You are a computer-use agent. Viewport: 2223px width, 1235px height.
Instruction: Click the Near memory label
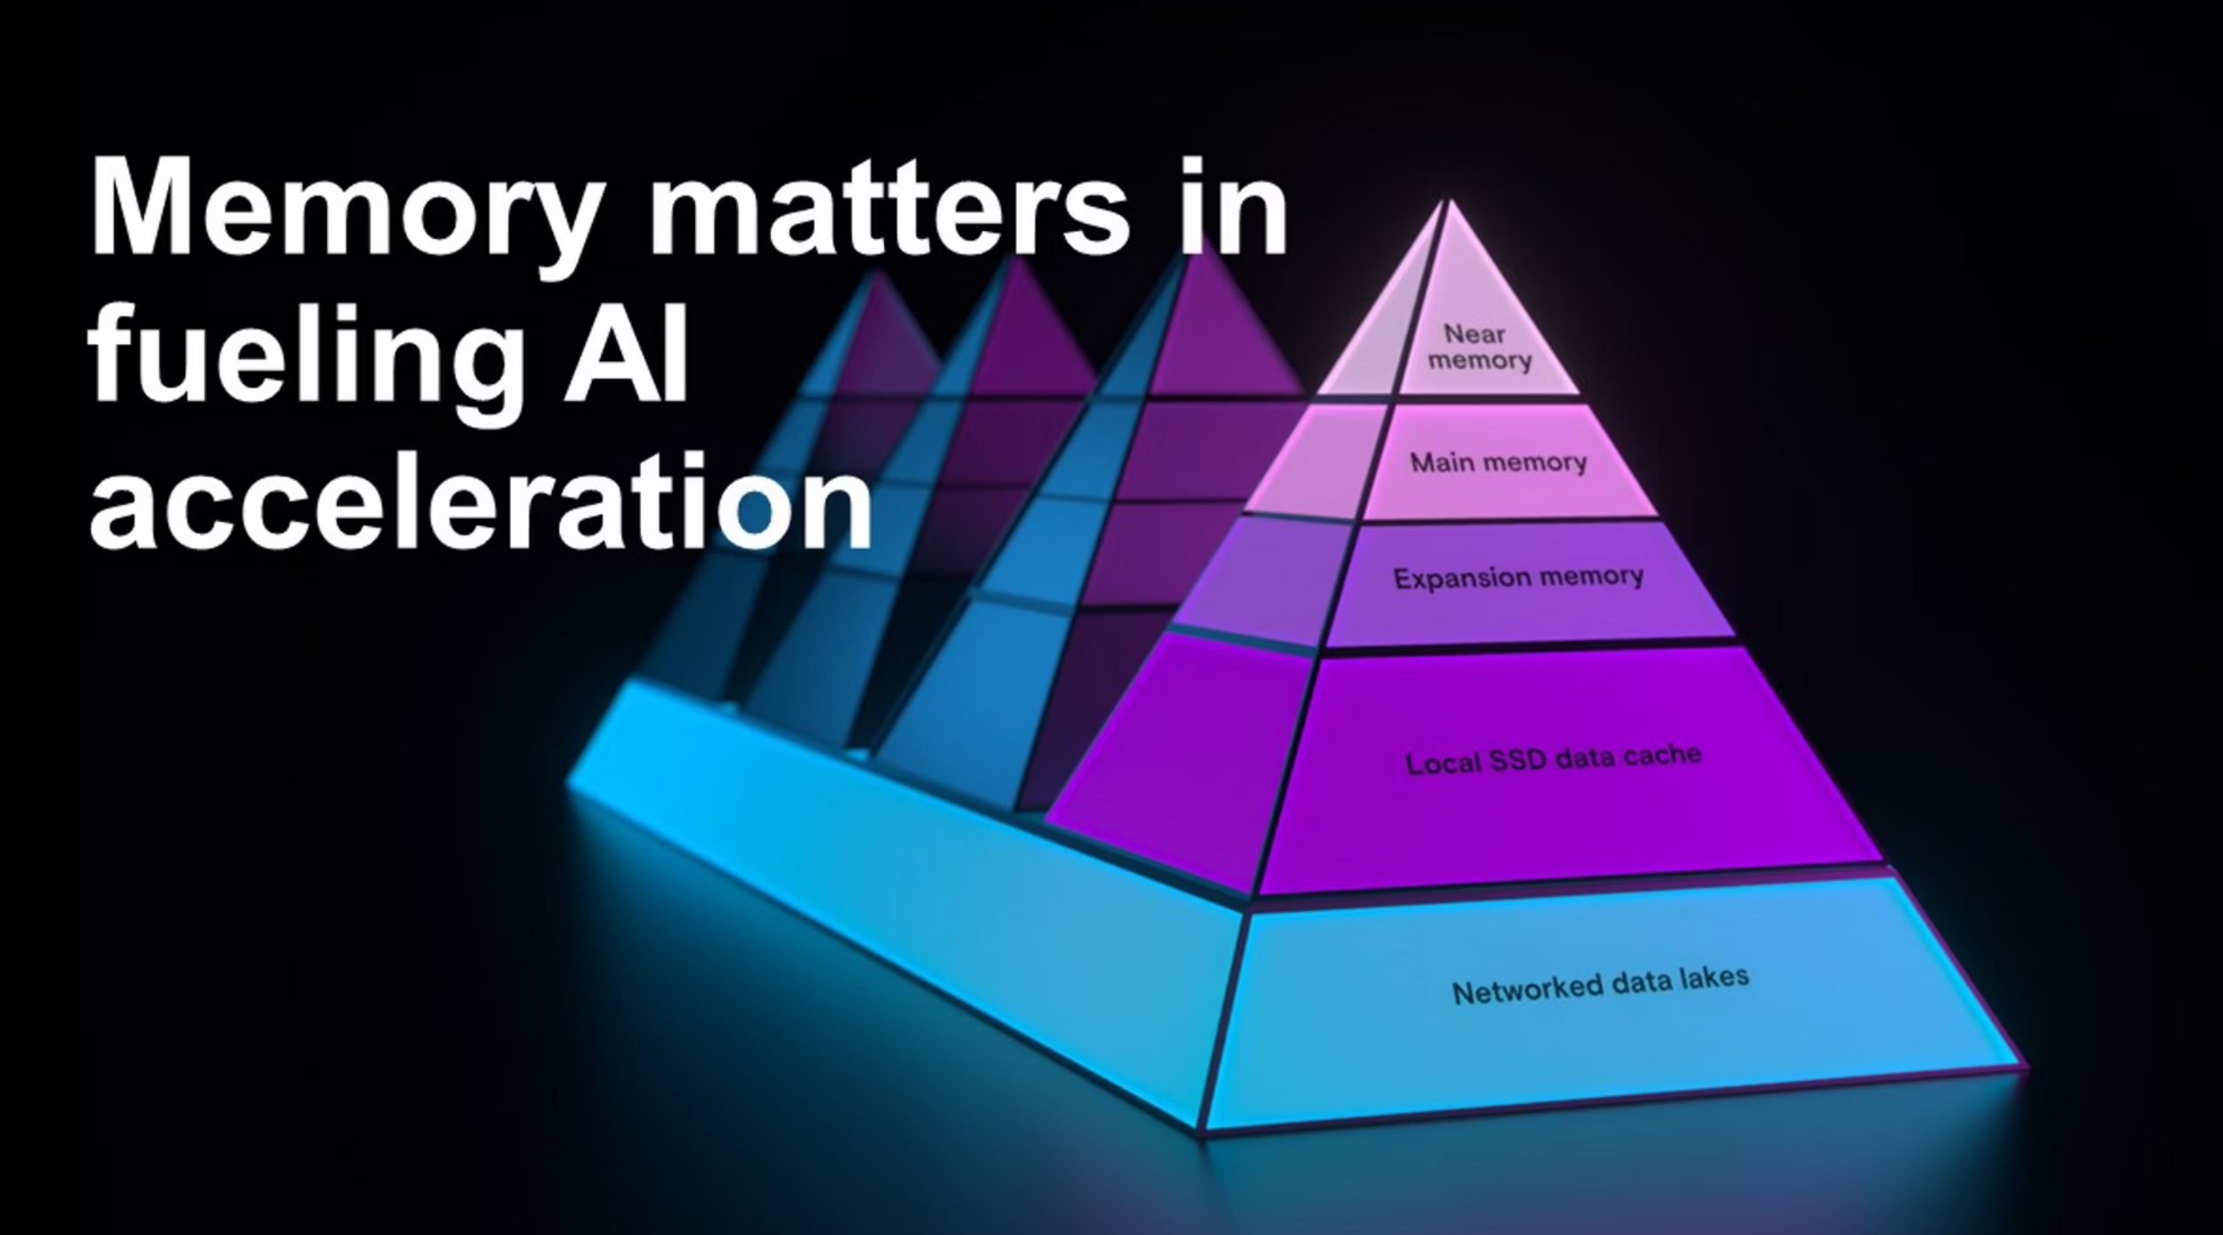click(x=1478, y=348)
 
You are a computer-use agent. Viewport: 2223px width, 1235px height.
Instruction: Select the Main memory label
click(x=1498, y=462)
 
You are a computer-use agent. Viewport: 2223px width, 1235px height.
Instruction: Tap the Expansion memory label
click(x=1519, y=578)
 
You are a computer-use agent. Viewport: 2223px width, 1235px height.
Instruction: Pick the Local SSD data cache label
click(x=1553, y=759)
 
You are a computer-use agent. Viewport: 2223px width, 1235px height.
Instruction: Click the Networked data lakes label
click(x=1600, y=985)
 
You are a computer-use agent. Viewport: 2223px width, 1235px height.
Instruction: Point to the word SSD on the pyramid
click(x=1523, y=761)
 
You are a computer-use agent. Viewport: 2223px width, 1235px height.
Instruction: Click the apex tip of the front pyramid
click(x=1448, y=203)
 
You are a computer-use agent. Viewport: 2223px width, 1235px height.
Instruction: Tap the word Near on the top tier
click(x=1474, y=334)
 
